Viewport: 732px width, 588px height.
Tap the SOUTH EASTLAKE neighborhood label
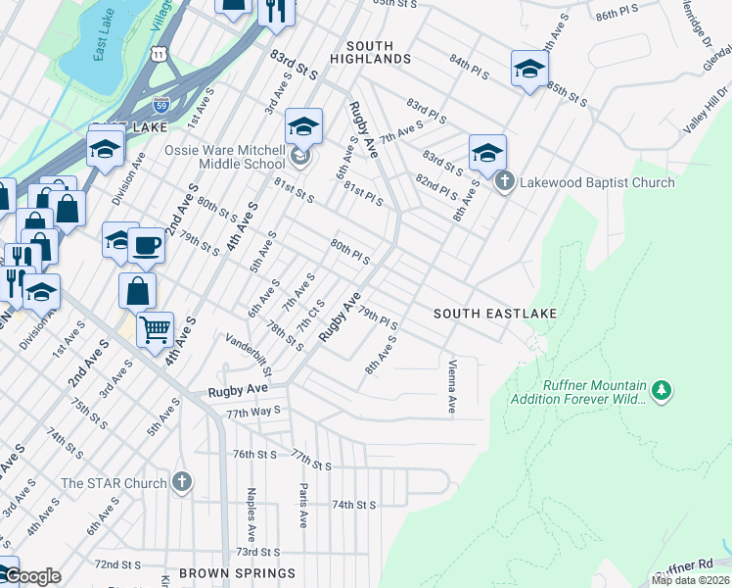496,314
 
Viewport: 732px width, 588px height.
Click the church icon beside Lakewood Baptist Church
504,181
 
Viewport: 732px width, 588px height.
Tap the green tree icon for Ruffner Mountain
663,391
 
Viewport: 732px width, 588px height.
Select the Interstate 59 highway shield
161,104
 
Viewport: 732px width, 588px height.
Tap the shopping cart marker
155,329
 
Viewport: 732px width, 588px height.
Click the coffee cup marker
147,245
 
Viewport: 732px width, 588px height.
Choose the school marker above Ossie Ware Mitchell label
304,125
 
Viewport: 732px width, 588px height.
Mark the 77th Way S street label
253,413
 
